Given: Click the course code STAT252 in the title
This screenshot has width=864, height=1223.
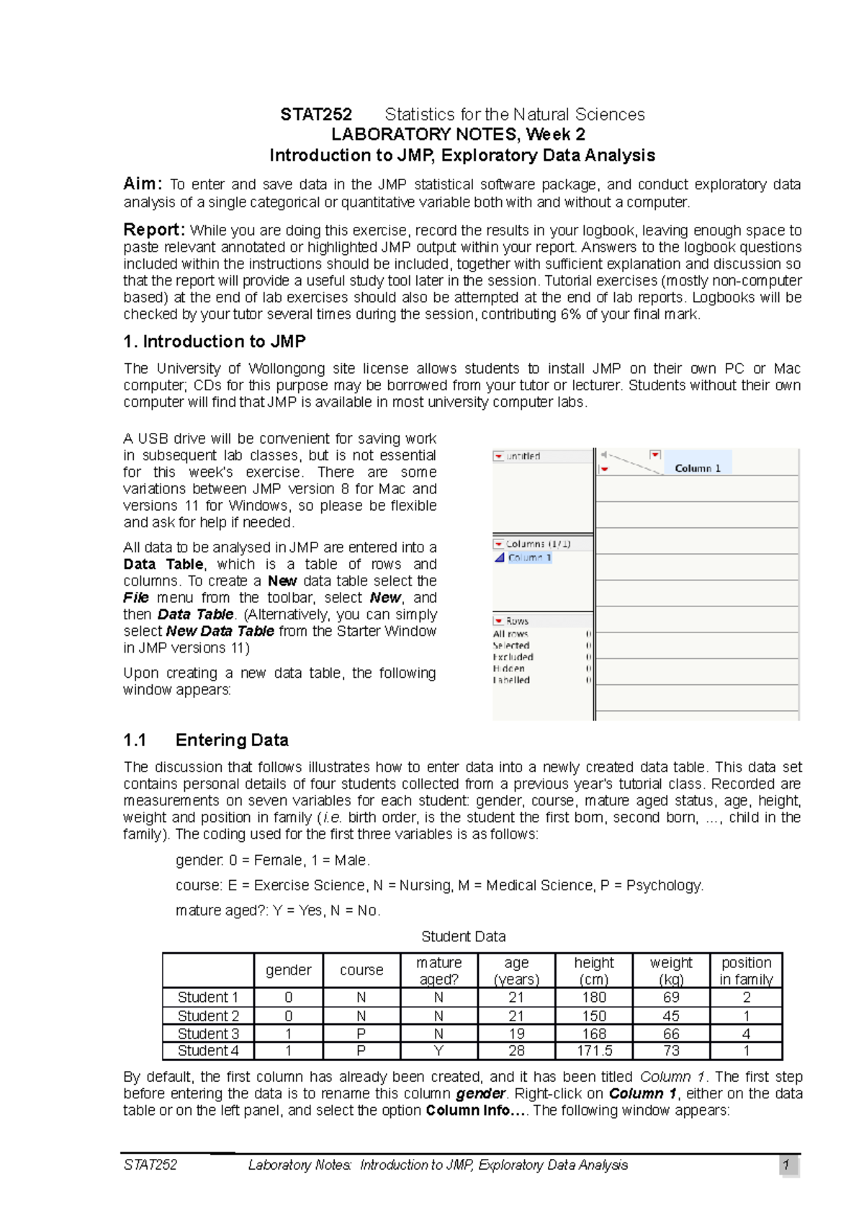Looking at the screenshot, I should pyautogui.click(x=315, y=115).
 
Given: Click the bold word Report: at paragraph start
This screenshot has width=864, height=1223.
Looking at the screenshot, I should pyautogui.click(x=154, y=230).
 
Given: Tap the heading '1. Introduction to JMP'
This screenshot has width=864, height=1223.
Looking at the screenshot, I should pyautogui.click(x=215, y=341).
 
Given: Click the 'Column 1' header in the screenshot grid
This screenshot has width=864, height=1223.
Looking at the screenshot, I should pyautogui.click(x=697, y=468).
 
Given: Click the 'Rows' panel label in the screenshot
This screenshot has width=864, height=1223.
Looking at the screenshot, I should pyautogui.click(x=517, y=621).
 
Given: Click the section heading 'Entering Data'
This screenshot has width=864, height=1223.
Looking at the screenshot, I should pyautogui.click(x=232, y=740).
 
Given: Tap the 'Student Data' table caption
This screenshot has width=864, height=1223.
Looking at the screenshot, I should pyautogui.click(x=463, y=936).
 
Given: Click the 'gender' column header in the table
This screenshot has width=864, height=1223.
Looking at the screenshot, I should pyautogui.click(x=289, y=970).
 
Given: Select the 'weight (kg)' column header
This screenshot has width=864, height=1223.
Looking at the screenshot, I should pyautogui.click(x=671, y=970).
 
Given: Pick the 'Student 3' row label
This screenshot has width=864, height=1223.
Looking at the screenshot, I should pyautogui.click(x=208, y=1034).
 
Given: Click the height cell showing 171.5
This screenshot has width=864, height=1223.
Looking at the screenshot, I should pyautogui.click(x=594, y=1051).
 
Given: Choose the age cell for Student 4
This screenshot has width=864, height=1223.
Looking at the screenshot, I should pyautogui.click(x=516, y=1051).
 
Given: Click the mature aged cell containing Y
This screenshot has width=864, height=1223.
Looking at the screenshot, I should pyautogui.click(x=438, y=1051).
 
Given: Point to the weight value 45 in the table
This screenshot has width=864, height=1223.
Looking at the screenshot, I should pyautogui.click(x=671, y=1016).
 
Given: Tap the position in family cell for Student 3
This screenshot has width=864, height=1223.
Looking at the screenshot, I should pyautogui.click(x=746, y=1034).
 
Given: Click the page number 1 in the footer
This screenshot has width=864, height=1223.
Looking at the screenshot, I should pyautogui.click(x=787, y=1165).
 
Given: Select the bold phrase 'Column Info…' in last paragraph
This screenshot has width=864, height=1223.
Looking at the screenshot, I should pyautogui.click(x=468, y=1110).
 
